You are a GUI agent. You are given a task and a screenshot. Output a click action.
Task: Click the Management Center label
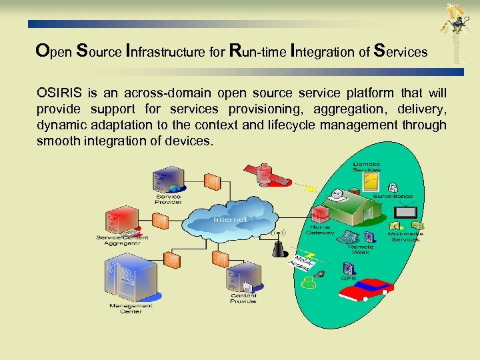click(x=131, y=308)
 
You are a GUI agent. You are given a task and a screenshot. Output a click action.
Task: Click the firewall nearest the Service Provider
click(x=211, y=181)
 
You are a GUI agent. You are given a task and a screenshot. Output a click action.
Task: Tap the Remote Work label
click(x=360, y=250)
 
